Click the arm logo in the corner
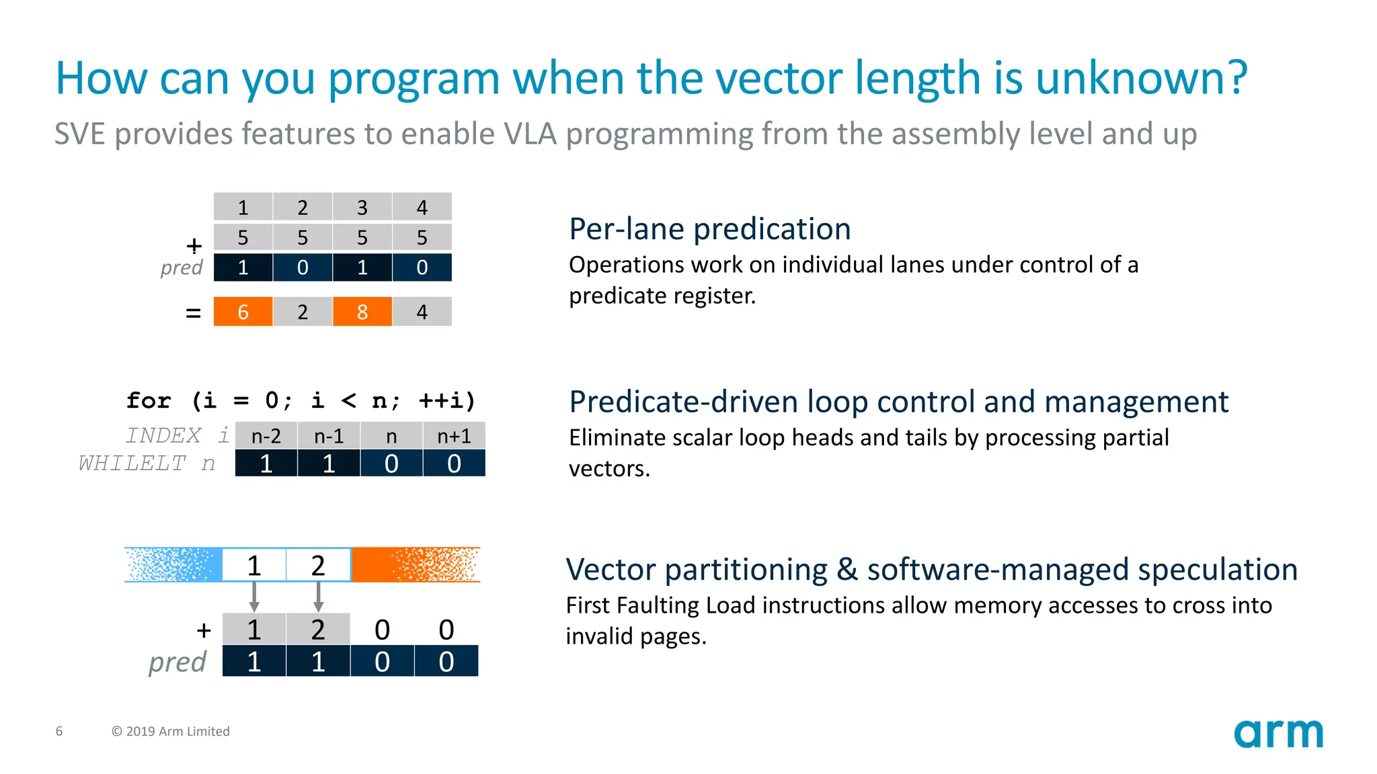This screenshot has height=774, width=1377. pyautogui.click(x=1278, y=733)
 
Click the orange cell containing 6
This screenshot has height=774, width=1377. pyautogui.click(x=243, y=312)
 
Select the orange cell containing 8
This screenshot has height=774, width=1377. pyautogui.click(x=362, y=312)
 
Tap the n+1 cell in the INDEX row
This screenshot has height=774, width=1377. pyautogui.click(x=454, y=436)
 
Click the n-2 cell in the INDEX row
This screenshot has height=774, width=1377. pyautogui.click(x=266, y=436)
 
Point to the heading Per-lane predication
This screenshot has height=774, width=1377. pyautogui.click(x=709, y=229)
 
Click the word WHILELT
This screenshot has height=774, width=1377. pyautogui.click(x=132, y=463)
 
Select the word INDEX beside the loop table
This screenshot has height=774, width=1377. pyautogui.click(x=163, y=435)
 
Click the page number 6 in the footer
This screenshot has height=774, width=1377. pyautogui.click(x=59, y=731)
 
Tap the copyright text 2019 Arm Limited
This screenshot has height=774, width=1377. pyautogui.click(x=171, y=731)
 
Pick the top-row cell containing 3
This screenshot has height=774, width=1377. pyautogui.click(x=362, y=207)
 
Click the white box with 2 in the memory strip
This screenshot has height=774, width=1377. pyautogui.click(x=318, y=565)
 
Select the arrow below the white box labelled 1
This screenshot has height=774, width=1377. pyautogui.click(x=254, y=596)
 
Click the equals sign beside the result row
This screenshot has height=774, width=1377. pyautogui.click(x=193, y=313)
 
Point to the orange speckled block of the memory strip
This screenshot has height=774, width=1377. pyautogui.click(x=416, y=564)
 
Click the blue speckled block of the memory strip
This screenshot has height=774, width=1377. pyautogui.click(x=173, y=564)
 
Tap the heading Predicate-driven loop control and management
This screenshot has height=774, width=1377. pyautogui.click(x=898, y=402)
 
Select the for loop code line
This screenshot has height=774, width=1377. pyautogui.click(x=301, y=400)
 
